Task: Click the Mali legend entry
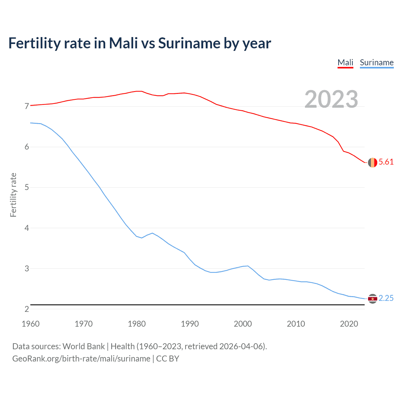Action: [345, 62]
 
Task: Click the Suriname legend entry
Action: [377, 62]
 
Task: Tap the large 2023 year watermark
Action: [331, 99]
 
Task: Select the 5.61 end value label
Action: [386, 162]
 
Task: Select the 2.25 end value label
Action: [386, 298]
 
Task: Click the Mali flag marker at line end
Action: [372, 162]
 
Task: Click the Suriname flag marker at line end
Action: [372, 299]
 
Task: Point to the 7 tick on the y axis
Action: [27, 106]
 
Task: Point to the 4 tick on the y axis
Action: [27, 228]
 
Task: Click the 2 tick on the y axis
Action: [27, 309]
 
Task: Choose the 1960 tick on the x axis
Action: [30, 324]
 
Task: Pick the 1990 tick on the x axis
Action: [190, 324]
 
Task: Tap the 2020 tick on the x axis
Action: [349, 324]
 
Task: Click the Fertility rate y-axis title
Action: [13, 195]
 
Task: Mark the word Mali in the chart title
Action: [123, 43]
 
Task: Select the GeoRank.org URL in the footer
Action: [81, 359]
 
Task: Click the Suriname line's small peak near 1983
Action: [152, 233]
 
